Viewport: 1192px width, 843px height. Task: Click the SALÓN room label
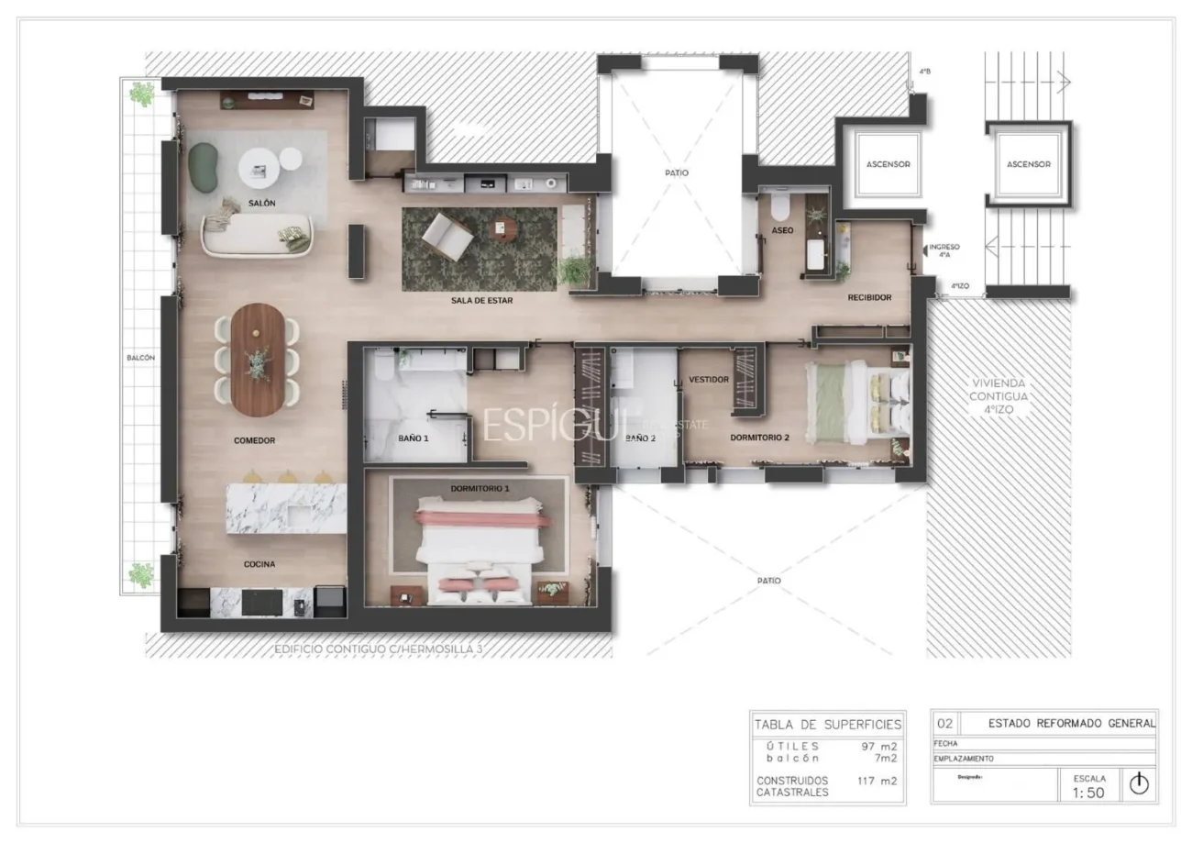pos(261,203)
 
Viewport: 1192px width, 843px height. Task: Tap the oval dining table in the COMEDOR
pos(258,360)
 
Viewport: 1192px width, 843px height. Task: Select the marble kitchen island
pos(286,507)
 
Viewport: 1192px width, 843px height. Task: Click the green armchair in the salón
pos(204,167)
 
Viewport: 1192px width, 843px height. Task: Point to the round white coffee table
pos(260,168)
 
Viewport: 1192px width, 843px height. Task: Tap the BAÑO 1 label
pos(413,438)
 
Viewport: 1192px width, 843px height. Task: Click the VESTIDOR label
pos(708,379)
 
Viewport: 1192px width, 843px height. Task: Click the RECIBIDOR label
pos(868,297)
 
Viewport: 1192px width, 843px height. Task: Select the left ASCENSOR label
pos(888,164)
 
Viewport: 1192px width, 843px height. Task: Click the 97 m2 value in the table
pos(878,746)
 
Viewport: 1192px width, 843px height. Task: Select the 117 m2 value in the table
pos(877,781)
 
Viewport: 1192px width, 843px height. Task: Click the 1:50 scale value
pos(1088,793)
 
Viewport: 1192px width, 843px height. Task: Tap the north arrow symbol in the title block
pos(1139,783)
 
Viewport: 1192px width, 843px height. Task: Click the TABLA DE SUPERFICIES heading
pos(827,725)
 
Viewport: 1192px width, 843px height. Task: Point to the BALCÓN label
pos(140,358)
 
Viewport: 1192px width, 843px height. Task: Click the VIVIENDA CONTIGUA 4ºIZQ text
pos(999,396)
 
